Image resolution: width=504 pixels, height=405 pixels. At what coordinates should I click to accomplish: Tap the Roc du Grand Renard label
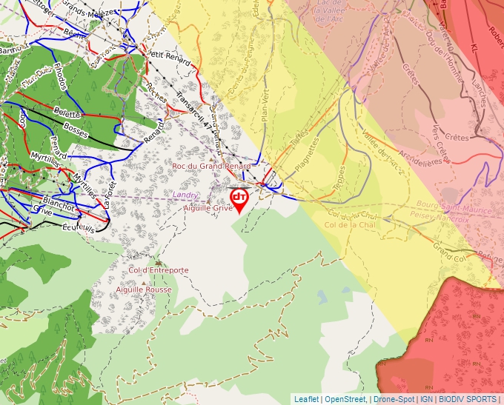click(211, 167)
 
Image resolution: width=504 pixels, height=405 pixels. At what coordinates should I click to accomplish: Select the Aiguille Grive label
click(208, 209)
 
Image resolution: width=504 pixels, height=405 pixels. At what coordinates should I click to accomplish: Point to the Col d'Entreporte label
click(159, 271)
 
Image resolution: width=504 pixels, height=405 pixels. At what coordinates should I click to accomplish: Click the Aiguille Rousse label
click(144, 289)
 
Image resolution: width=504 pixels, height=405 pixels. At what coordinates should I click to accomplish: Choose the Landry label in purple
click(185, 195)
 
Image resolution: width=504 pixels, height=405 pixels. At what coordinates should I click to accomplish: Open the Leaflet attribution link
click(306, 399)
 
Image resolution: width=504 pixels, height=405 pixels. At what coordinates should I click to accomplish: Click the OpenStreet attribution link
click(346, 399)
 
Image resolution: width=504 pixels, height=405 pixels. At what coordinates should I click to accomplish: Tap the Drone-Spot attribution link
click(394, 399)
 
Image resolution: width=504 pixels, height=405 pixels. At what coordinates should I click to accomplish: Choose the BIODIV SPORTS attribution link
click(466, 399)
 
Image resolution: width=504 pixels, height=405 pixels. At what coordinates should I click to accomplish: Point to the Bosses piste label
click(76, 128)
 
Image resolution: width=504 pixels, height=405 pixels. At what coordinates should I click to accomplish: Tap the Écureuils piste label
click(78, 227)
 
